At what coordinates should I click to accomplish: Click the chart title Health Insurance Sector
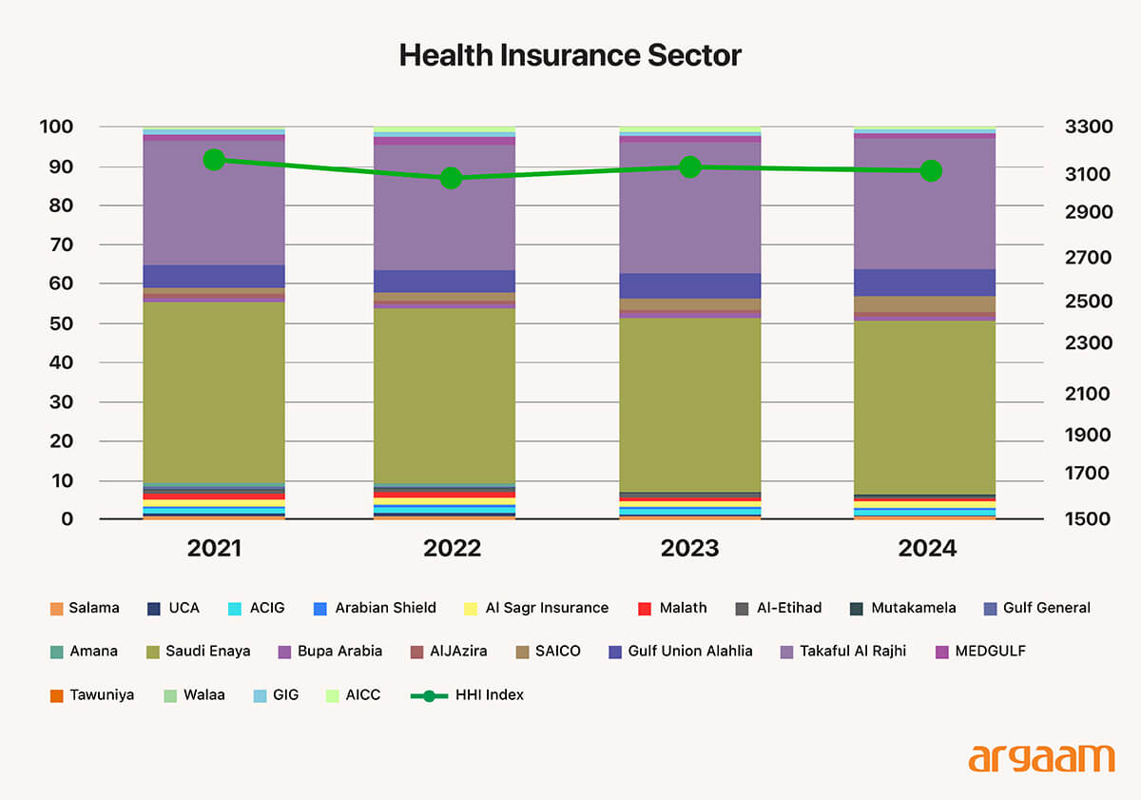pyautogui.click(x=570, y=55)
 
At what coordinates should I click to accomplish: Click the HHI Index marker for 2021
pyautogui.click(x=214, y=159)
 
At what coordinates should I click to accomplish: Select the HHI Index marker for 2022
pyautogui.click(x=451, y=178)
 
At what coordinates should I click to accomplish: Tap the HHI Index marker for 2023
pyautogui.click(x=690, y=166)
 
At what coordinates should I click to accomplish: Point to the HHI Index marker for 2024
pyautogui.click(x=931, y=170)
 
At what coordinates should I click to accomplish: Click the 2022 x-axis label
pyautogui.click(x=452, y=549)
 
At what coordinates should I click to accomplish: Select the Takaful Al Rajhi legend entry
pyautogui.click(x=842, y=651)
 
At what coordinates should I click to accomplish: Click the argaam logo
pyautogui.click(x=1041, y=758)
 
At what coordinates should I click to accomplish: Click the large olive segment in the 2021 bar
pyautogui.click(x=214, y=392)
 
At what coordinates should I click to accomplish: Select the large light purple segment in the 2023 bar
pyautogui.click(x=690, y=206)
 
